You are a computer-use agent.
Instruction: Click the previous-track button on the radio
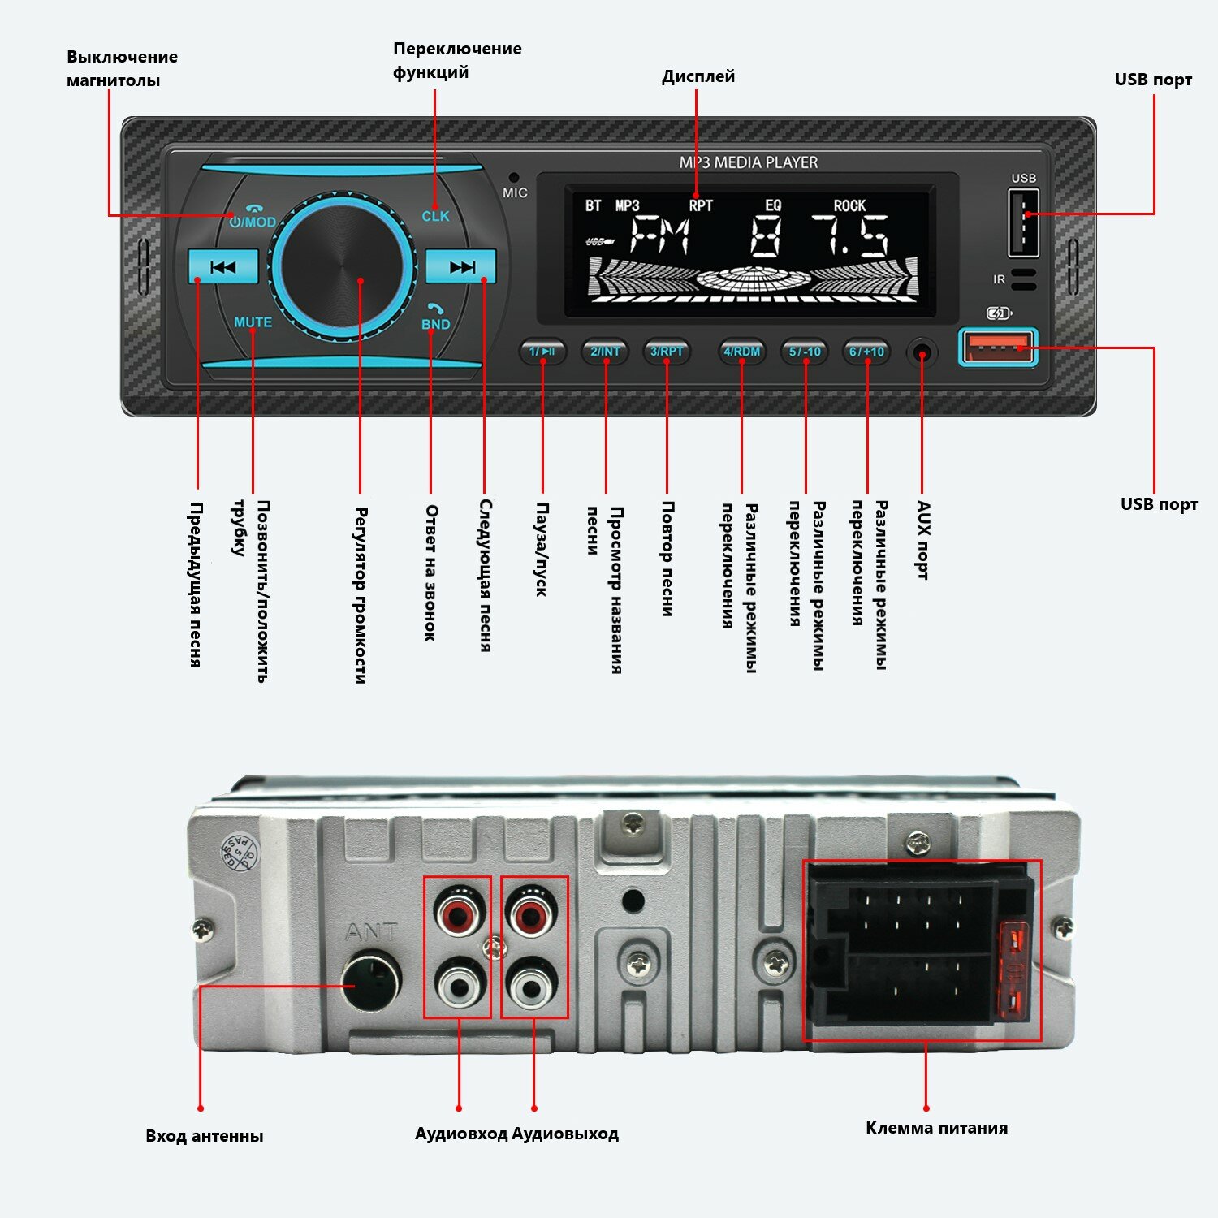222,266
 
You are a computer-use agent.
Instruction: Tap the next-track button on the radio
460,266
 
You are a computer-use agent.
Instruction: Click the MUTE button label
253,322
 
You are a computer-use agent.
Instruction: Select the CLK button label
435,216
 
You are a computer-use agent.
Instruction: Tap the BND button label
435,324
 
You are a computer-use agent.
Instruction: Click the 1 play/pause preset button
542,352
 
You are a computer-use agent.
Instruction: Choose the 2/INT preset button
605,352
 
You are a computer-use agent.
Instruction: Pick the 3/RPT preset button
667,352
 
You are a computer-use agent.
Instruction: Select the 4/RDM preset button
742,352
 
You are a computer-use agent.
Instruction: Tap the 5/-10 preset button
805,352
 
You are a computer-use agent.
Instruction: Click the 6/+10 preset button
866,352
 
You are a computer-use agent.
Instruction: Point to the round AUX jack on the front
922,353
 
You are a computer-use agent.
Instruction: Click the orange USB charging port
998,348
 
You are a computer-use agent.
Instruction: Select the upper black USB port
1023,222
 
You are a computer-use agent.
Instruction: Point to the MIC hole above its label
514,176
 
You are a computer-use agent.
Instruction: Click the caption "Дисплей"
698,76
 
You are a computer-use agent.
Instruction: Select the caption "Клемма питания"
936,1128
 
